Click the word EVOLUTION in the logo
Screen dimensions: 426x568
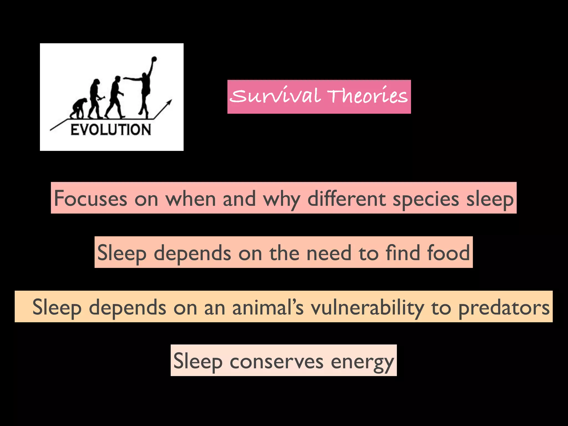[x=111, y=130]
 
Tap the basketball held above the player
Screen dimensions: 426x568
[x=154, y=59]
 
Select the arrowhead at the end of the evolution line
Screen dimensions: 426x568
[x=169, y=103]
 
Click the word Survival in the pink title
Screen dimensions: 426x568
[x=275, y=96]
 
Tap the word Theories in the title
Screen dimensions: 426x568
[x=367, y=96]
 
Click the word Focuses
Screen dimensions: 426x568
[x=90, y=199]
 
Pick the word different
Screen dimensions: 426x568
[x=347, y=199]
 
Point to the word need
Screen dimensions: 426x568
[x=329, y=253]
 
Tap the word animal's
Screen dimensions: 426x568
[x=268, y=307]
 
